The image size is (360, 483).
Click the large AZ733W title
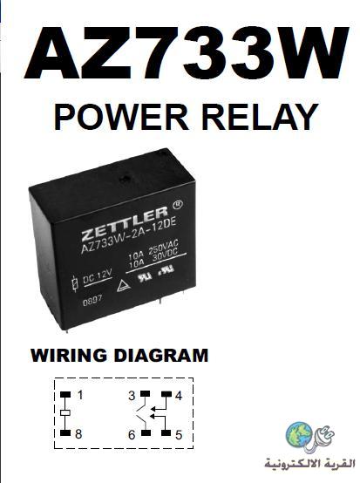click(187, 53)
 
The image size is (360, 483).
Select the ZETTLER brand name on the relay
click(125, 224)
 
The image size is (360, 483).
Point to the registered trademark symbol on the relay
click(178, 205)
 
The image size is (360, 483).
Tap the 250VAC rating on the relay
click(163, 247)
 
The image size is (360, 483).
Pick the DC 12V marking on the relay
click(97, 277)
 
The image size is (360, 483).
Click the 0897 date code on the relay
click(92, 301)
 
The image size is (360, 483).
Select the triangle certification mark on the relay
click(124, 286)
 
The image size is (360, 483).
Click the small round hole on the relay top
click(125, 179)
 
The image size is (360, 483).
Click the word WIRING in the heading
click(69, 355)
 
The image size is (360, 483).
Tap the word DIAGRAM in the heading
click(161, 355)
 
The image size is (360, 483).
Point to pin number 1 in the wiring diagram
click(80, 395)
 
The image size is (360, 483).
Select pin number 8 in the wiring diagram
click(78, 433)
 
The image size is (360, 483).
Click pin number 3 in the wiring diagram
click(132, 395)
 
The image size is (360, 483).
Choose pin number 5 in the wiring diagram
click(179, 435)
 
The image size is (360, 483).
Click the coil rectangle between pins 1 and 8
click(65, 412)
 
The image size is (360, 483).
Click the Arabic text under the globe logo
click(309, 463)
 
